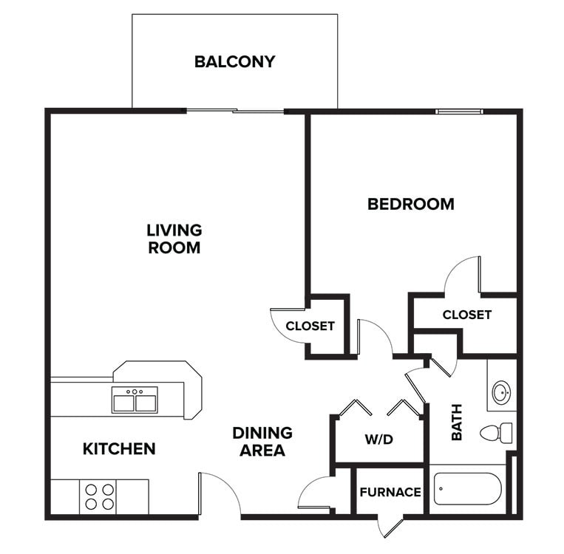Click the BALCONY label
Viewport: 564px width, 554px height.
coord(234,61)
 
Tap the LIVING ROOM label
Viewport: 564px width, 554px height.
coord(174,239)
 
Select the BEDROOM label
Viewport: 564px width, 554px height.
coord(410,204)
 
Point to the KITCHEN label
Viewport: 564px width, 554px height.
coord(119,448)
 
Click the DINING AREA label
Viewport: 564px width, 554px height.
coord(262,441)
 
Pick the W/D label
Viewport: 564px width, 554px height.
coord(378,440)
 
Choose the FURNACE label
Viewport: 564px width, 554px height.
coord(390,492)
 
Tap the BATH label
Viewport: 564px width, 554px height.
coord(456,422)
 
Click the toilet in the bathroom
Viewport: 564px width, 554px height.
coord(497,433)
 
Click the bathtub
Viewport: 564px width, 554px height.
coord(467,488)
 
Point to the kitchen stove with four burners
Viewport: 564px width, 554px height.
coord(99,496)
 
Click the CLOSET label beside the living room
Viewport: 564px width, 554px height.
coord(310,326)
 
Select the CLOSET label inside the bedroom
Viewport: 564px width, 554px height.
coord(466,315)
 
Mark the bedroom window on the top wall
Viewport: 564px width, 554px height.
coord(458,112)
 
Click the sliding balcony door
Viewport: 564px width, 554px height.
coord(234,112)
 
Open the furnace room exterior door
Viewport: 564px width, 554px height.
coord(390,526)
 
